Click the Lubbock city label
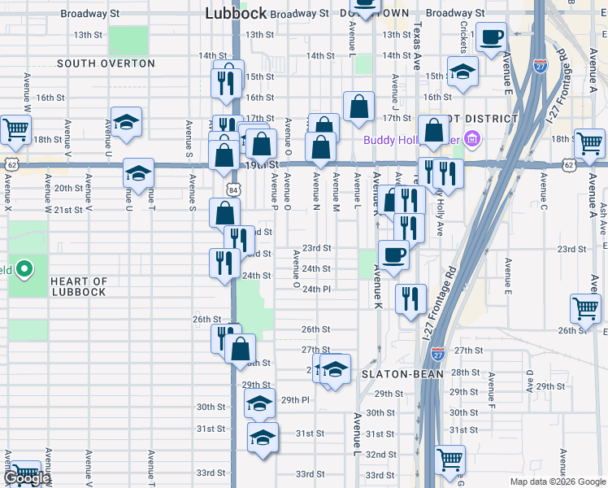pos(236,13)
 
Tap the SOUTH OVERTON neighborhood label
pos(106,63)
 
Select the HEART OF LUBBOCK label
pos(79,286)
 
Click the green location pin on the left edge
pos(25,268)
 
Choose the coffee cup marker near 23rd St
pos(393,255)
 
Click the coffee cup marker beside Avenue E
pos(491,37)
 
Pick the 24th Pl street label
pos(316,289)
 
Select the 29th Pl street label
pos(295,400)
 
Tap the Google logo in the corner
pos(27,478)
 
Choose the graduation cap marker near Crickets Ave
pos(463,72)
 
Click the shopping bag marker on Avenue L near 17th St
pos(358,107)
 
